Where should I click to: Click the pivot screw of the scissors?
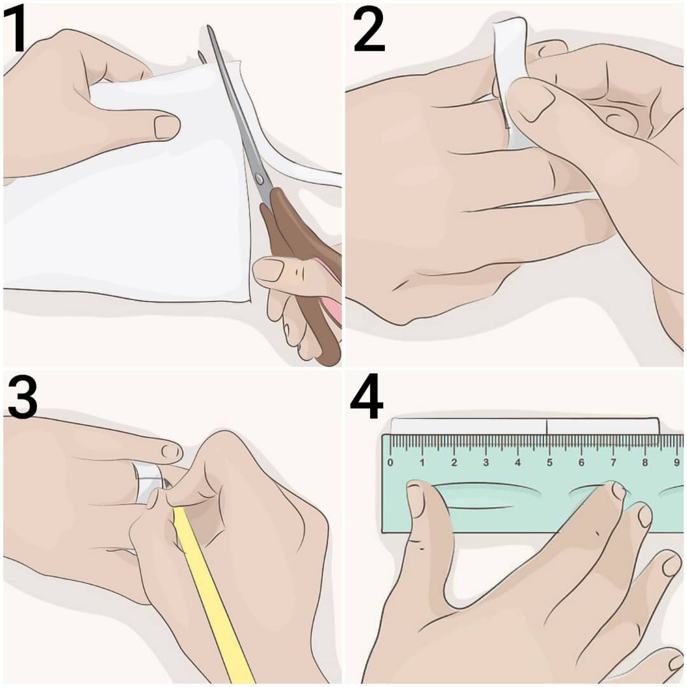click(260, 179)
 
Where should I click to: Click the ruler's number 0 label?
click(391, 462)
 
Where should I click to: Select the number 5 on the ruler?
click(550, 462)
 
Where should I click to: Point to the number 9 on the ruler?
click(677, 462)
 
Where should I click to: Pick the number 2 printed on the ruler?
click(454, 462)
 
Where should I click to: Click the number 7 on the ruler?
click(613, 462)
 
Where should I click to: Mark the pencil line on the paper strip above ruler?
click(546, 426)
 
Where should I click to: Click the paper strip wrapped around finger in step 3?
click(148, 482)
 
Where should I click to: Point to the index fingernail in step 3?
click(172, 451)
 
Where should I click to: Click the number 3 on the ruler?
click(486, 462)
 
